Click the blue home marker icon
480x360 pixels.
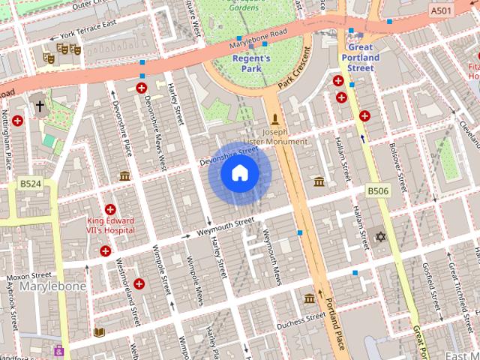coord(239,173)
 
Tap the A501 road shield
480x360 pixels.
coord(442,10)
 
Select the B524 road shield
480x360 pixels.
coord(30,184)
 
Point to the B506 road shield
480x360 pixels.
coord(378,192)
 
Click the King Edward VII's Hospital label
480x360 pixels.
coord(110,226)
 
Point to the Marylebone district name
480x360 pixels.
coord(52,286)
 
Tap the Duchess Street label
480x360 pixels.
coord(301,323)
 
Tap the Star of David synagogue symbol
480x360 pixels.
coord(380,237)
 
